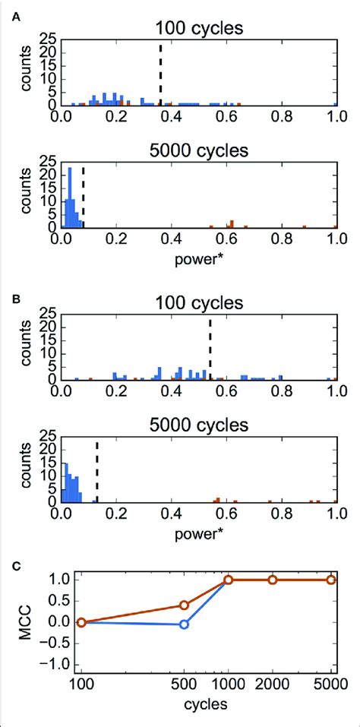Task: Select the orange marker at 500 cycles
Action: coord(184,605)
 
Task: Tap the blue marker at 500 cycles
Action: coord(184,624)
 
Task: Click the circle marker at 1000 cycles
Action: coord(229,580)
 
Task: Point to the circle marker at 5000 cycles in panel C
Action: coord(331,580)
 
